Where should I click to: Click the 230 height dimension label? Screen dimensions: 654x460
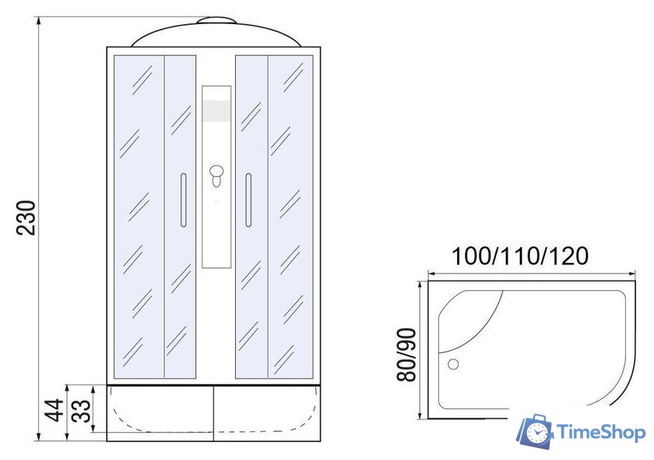tap(26, 218)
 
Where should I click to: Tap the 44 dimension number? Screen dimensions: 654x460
tap(54, 410)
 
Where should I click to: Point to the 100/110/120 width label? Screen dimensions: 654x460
tap(520, 256)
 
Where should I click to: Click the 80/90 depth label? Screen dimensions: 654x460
tap(406, 355)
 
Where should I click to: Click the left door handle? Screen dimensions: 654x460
tap(183, 200)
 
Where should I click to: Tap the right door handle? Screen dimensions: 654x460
tap(248, 200)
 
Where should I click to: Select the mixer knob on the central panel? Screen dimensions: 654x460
tap(216, 176)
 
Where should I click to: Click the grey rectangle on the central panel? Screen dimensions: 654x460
tap(216, 111)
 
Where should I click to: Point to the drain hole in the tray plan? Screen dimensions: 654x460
tap(453, 364)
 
